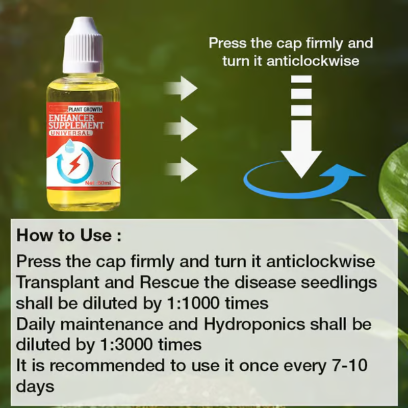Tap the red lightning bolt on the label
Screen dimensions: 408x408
74,165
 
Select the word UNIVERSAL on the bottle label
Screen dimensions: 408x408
71,133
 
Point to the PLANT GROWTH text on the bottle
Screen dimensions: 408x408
85,109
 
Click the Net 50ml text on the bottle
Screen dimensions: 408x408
98,183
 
